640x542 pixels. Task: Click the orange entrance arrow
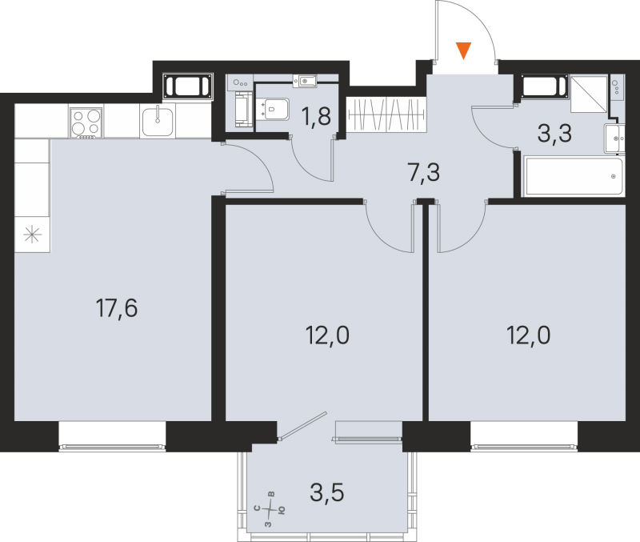coord(463,52)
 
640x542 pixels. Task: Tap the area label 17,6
coord(117,307)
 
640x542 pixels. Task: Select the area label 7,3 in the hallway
coord(424,172)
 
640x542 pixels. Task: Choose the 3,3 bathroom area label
coord(554,134)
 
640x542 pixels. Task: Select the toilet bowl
coord(274,107)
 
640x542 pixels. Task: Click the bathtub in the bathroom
coord(573,176)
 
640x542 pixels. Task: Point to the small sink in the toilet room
coord(306,80)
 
